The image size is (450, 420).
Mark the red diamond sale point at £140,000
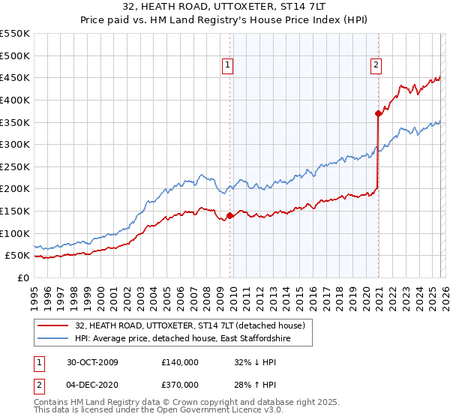pyautogui.click(x=229, y=215)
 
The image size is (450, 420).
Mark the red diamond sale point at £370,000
pyautogui.click(x=378, y=113)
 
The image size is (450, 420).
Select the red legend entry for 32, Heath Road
pyautogui.click(x=189, y=326)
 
